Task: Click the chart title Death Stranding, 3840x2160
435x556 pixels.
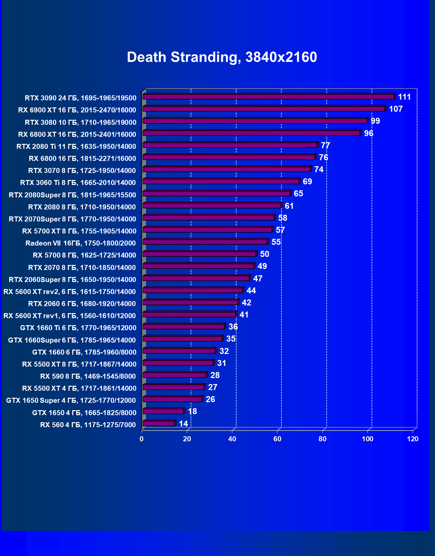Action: (222, 57)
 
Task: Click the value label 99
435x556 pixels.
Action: (375, 121)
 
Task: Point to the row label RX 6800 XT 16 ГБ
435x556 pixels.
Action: (77, 134)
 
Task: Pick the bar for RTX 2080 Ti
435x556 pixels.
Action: (230, 145)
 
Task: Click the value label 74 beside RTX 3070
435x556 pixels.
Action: (319, 170)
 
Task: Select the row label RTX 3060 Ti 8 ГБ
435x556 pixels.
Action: (78, 183)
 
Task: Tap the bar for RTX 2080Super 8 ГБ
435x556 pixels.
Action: (216, 194)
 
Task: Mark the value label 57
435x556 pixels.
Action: (280, 230)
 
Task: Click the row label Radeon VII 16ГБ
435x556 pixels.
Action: (81, 243)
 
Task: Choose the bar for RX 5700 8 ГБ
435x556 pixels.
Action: (199, 254)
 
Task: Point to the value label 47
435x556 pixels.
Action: (258, 279)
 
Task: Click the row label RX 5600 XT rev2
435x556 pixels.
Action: (70, 292)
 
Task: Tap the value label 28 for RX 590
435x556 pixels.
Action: (215, 375)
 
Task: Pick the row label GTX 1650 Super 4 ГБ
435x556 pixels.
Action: (71, 400)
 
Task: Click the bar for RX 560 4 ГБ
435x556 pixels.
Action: (159, 424)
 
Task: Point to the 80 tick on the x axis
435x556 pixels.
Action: (323, 439)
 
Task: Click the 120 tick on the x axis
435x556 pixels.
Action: (413, 439)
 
